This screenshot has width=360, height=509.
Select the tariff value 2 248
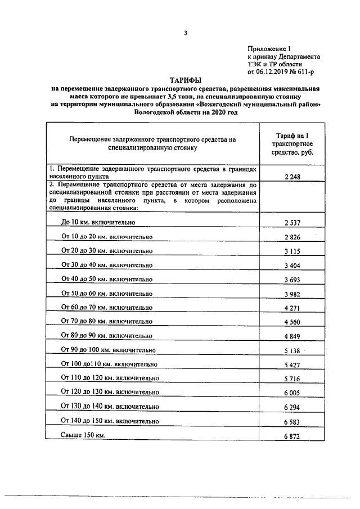pos(292,177)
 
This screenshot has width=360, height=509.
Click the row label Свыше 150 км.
pos(83,435)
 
